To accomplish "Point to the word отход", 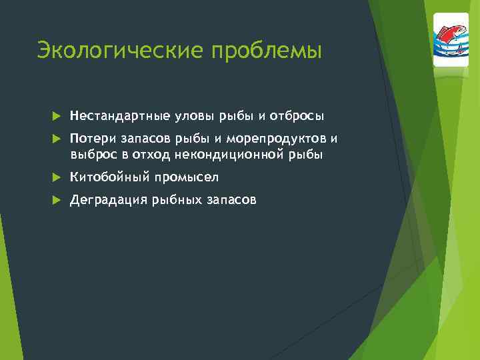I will tap(151, 155).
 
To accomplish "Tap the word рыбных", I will tap(174, 199).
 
